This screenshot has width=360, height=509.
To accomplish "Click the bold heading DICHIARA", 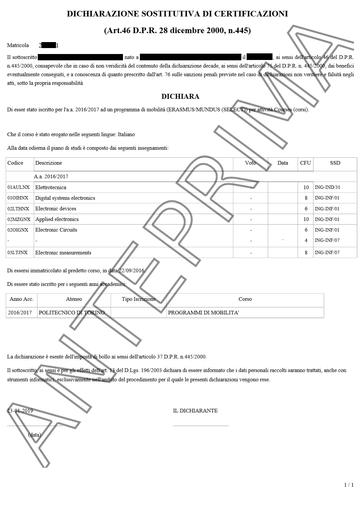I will point(180,96).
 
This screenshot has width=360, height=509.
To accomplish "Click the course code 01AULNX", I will point(19,187).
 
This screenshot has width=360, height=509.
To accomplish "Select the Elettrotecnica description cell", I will point(51,187).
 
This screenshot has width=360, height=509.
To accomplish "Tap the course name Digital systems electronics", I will point(65,198).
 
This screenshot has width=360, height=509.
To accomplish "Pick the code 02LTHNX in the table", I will point(19,209).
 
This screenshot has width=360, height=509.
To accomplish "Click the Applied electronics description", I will point(57,219).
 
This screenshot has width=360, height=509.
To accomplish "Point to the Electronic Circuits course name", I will point(56,230).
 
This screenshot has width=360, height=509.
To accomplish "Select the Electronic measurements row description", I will point(63,253).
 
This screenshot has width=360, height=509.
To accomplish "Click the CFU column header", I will point(305,163).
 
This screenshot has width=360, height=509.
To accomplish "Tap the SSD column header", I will point(335,163).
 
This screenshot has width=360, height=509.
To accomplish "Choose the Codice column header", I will point(15,163).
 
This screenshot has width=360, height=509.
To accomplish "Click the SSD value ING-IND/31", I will point(327,187).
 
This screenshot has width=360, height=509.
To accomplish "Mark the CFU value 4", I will point(306,240).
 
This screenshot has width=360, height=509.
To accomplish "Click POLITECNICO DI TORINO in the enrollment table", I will point(72,312).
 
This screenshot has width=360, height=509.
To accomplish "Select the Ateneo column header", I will point(74,299).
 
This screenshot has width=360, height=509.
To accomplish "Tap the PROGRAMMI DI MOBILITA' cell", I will point(203,312).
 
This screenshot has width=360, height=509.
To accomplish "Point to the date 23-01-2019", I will point(20,411).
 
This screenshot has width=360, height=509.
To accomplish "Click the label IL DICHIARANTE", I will point(195,411).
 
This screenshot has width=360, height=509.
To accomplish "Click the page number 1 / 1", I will point(349,485).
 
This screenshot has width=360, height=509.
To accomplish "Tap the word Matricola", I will point(18,45).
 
